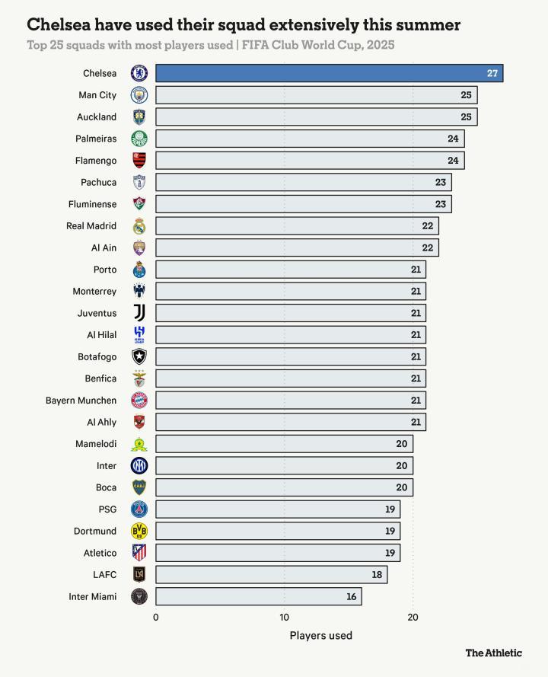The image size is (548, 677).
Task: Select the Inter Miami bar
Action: [259, 596]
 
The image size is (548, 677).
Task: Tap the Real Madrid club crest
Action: [139, 226]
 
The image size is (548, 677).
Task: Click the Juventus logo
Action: [139, 313]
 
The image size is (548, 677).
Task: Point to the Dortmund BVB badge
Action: [139, 531]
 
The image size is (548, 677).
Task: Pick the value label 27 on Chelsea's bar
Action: [492, 73]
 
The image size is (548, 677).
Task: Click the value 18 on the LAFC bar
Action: [377, 575]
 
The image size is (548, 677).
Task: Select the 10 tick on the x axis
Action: [285, 617]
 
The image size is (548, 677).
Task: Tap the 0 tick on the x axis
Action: [156, 617]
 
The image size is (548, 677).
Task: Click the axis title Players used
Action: [320, 635]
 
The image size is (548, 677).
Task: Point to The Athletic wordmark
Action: [493, 653]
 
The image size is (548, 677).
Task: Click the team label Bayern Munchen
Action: [81, 401]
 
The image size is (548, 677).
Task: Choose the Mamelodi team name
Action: [96, 444]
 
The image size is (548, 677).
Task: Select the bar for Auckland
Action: [316, 117]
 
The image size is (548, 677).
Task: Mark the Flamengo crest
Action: [139, 161]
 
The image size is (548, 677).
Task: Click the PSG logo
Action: [139, 509]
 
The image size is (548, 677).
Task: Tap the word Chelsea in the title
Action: [57, 25]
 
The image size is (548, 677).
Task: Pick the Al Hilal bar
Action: [291, 335]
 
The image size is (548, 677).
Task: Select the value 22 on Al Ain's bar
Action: [428, 248]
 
